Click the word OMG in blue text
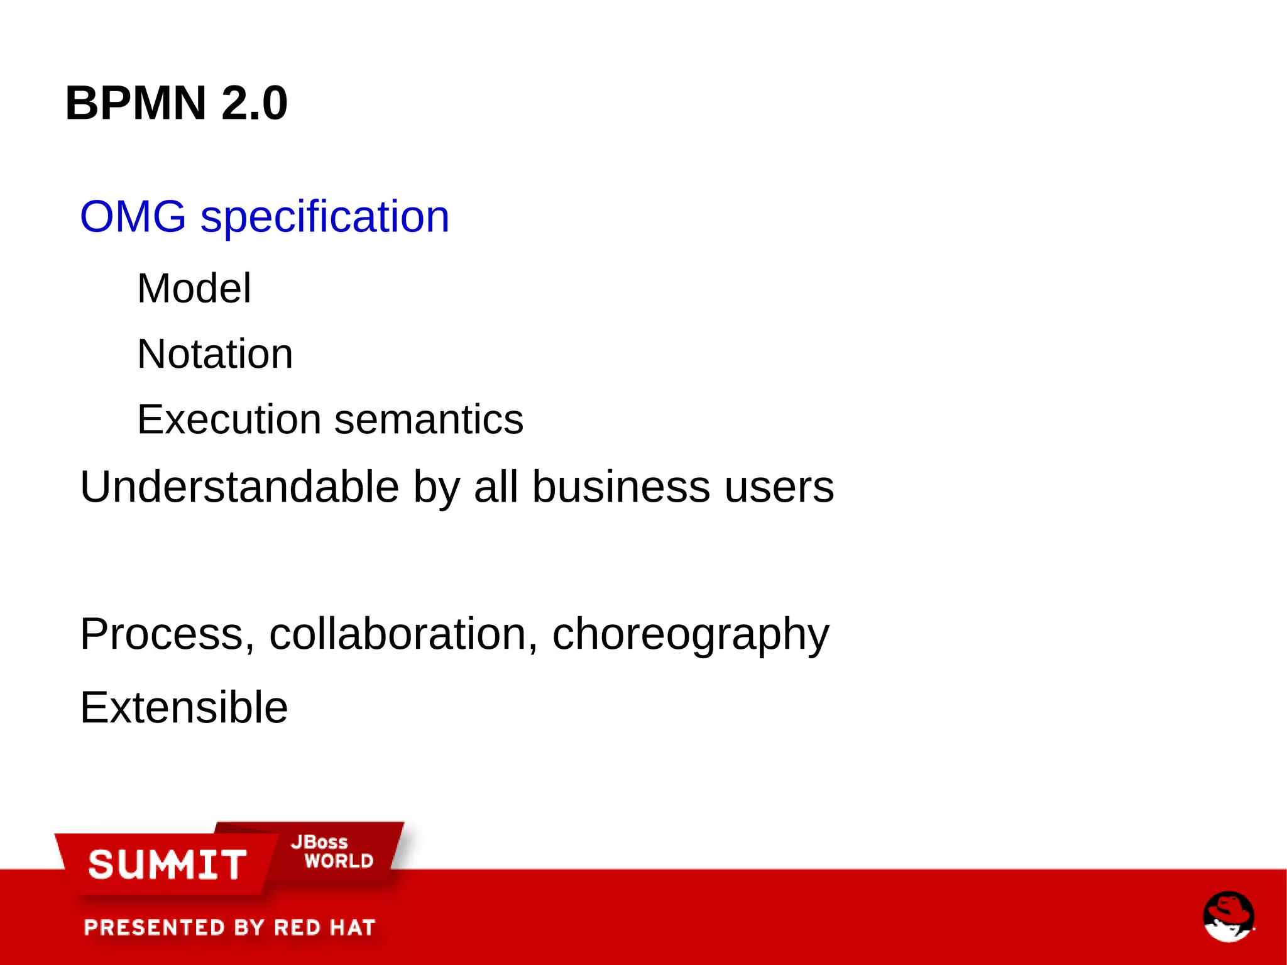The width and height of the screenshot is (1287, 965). pyautogui.click(x=133, y=216)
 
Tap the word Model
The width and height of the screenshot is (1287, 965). pyautogui.click(x=194, y=289)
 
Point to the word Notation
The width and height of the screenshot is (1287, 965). pyautogui.click(x=215, y=354)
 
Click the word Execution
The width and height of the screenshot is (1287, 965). pyautogui.click(x=229, y=419)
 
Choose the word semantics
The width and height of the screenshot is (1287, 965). pyautogui.click(x=429, y=419)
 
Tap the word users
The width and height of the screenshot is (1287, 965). pyautogui.click(x=779, y=487)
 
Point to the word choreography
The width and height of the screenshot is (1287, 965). pyautogui.click(x=691, y=635)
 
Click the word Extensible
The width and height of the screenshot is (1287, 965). pyautogui.click(x=184, y=707)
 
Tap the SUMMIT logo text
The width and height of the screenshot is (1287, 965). pyautogui.click(x=167, y=864)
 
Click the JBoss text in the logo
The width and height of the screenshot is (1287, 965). pyautogui.click(x=319, y=842)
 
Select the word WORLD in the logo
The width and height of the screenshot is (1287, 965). pyautogui.click(x=339, y=861)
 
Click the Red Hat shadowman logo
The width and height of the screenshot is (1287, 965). pyautogui.click(x=1229, y=916)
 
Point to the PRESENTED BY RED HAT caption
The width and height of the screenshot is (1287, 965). pyautogui.click(x=229, y=927)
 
